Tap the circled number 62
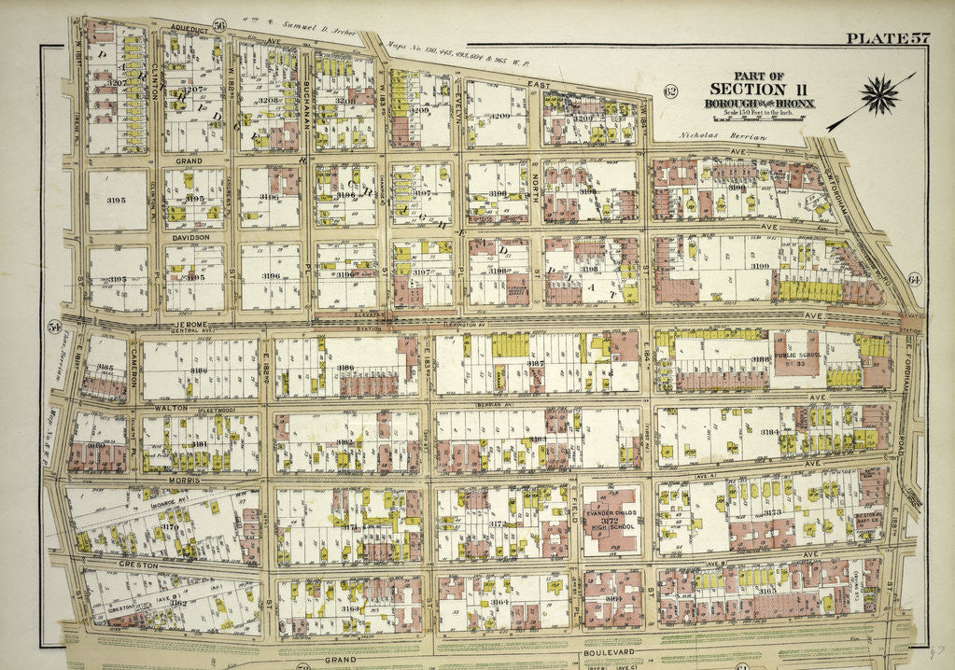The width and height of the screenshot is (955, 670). tap(669, 90)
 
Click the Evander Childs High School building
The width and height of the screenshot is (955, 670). tap(611, 522)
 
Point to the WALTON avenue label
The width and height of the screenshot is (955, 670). tap(170, 408)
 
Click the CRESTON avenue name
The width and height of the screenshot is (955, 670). tap(140, 565)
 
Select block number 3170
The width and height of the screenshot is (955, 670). tap(169, 527)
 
